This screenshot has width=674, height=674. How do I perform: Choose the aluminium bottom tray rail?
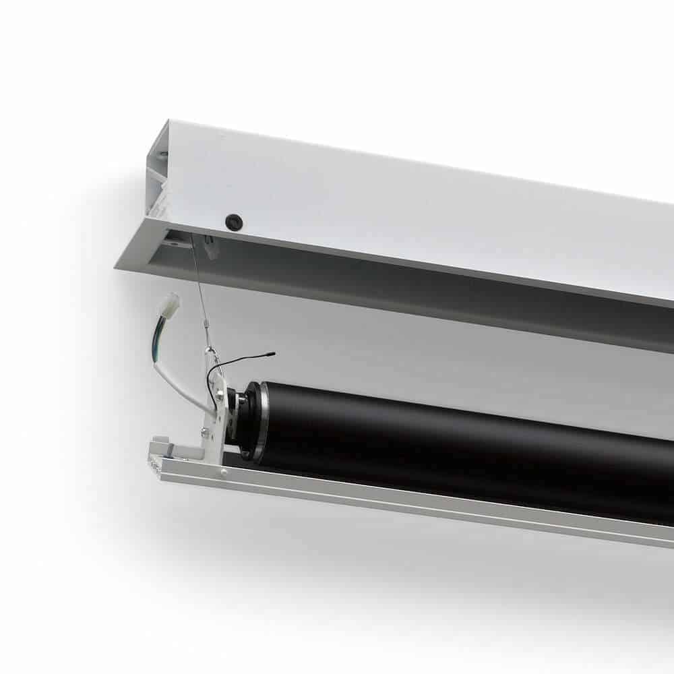(404, 502)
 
